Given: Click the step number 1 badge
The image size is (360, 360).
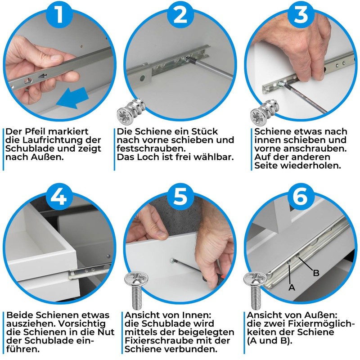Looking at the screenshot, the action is pos(60,14).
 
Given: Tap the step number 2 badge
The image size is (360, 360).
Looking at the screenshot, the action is pos(180,14).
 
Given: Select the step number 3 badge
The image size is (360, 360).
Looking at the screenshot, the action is pos(300,14).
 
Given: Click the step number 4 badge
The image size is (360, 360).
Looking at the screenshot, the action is pos(60,197).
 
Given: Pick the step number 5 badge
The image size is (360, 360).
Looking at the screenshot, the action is pos(180,197).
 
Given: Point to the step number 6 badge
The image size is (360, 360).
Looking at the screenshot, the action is pos(300,197).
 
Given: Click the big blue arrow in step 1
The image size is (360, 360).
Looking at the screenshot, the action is pos(72,98).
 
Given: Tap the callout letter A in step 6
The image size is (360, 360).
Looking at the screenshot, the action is pos(292,287).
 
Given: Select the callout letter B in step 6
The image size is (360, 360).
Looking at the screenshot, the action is pos(316,273).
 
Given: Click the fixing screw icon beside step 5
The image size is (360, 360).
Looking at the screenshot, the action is pos(136,290).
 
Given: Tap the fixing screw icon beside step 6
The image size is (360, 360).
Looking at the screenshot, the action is pos(255,290).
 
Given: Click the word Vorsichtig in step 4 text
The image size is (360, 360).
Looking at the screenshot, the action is pos(81,324).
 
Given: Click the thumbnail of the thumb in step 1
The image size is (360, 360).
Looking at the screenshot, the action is pos(56,57).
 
